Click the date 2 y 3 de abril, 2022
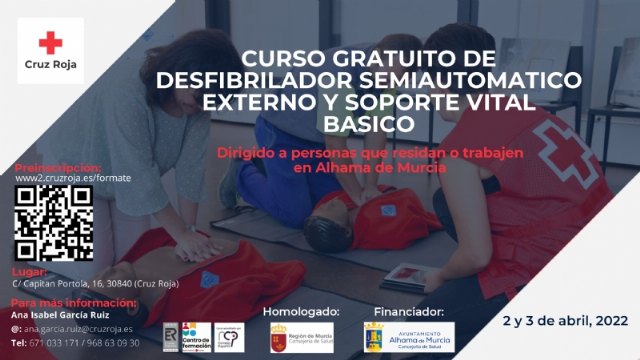tap(565, 320)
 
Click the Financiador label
tap(408, 312)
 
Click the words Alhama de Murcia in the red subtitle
tap(377, 167)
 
